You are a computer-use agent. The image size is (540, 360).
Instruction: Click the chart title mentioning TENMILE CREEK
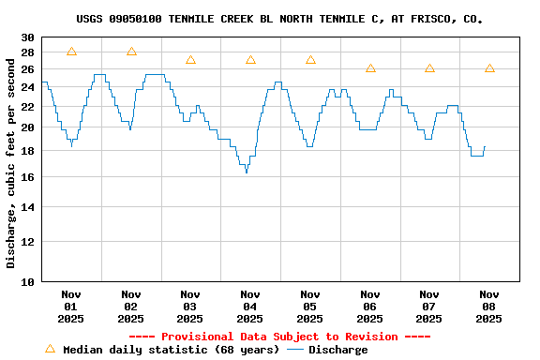pos(279,19)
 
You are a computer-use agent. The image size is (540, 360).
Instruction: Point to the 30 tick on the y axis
pos(27,37)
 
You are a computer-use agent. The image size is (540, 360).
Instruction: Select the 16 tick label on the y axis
pos(27,176)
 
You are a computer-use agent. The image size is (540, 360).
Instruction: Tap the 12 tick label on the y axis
pos(27,242)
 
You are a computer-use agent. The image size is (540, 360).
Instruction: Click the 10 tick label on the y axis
pos(27,281)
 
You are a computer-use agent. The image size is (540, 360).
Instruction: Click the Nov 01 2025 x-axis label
pos(71,306)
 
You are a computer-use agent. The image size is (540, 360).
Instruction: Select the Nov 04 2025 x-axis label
pos(250,306)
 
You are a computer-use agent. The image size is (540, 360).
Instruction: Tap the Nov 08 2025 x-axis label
pos(489,306)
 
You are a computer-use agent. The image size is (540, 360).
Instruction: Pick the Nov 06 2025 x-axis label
pos(370,306)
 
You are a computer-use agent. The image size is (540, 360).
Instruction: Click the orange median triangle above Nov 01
pos(71,52)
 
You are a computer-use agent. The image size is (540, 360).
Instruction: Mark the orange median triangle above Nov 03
pos(190,60)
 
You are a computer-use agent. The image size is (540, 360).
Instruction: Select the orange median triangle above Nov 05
pos(310,60)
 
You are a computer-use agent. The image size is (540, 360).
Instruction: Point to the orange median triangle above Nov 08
pos(489,68)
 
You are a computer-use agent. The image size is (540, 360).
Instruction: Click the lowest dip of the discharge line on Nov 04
pos(247,172)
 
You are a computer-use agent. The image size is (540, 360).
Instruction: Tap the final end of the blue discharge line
pos(485,146)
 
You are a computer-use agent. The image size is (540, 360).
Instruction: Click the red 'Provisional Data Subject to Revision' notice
pos(279,337)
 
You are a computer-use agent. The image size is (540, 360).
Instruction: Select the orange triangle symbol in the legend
pos(50,349)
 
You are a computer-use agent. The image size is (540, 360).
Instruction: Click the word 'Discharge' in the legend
pos(338,350)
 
